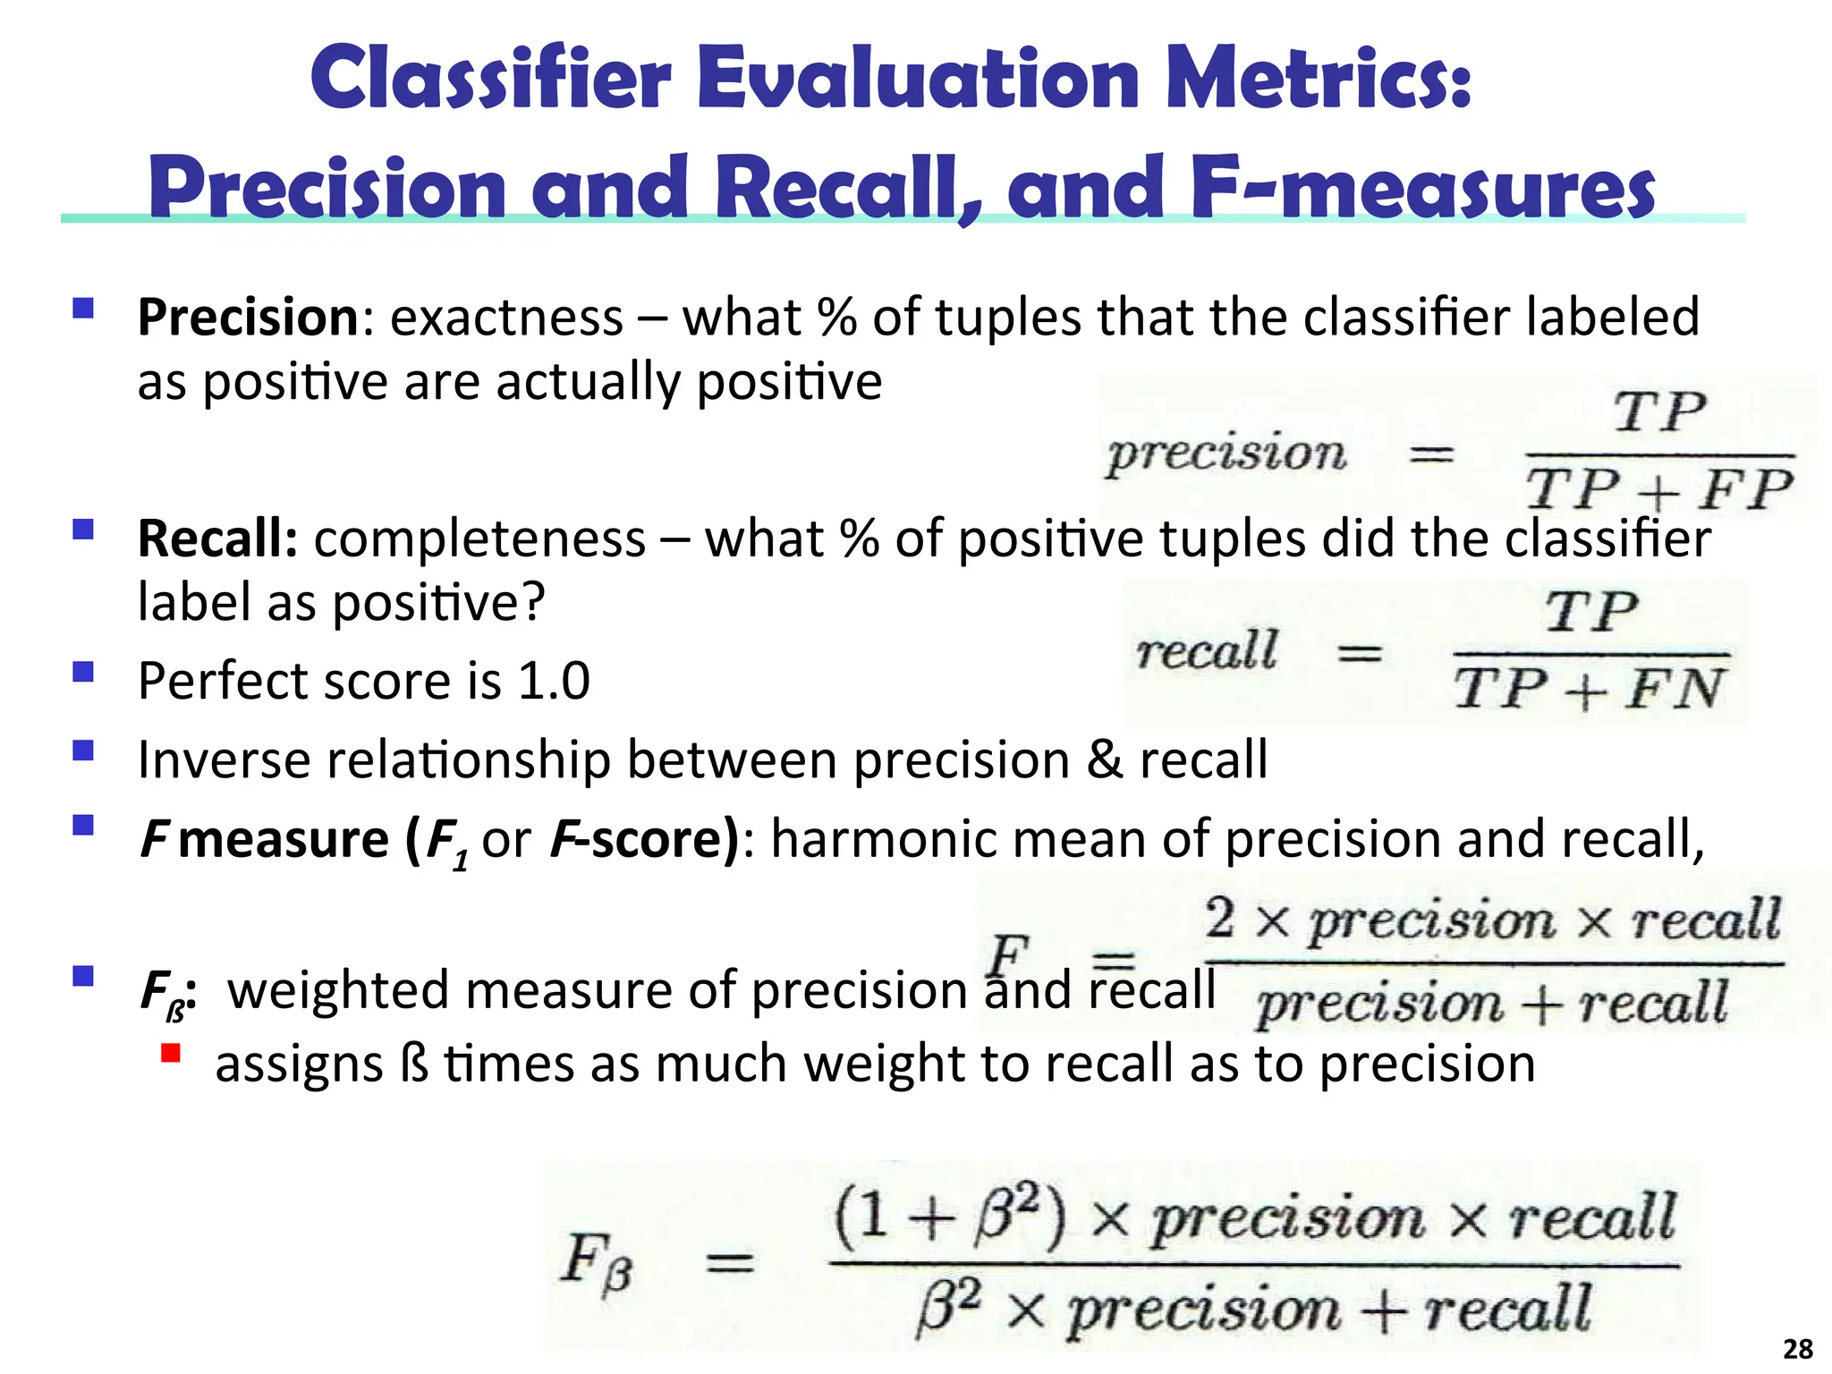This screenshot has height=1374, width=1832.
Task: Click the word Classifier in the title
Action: tap(490, 79)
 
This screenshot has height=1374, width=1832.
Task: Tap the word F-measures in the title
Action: tap(1422, 190)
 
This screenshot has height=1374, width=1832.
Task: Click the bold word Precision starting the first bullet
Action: tap(248, 318)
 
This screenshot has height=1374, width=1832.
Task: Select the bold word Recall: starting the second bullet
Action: tap(217, 539)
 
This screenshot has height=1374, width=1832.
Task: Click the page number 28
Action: tap(1797, 1348)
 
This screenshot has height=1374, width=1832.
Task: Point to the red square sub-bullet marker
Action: tap(171, 1053)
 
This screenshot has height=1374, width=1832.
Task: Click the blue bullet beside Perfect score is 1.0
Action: tap(83, 672)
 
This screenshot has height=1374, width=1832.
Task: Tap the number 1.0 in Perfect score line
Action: tap(554, 682)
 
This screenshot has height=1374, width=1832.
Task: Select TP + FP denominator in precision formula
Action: tap(1658, 491)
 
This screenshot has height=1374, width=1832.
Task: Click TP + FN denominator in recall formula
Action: tap(1589, 690)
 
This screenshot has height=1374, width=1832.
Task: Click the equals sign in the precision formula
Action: tap(1431, 455)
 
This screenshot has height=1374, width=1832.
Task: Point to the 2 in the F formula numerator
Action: tap(1220, 919)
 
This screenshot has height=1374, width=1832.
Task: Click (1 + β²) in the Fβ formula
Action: tap(950, 1217)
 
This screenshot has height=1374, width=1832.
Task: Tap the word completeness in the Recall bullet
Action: tap(479, 539)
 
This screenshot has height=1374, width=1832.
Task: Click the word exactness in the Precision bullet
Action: tap(506, 318)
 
